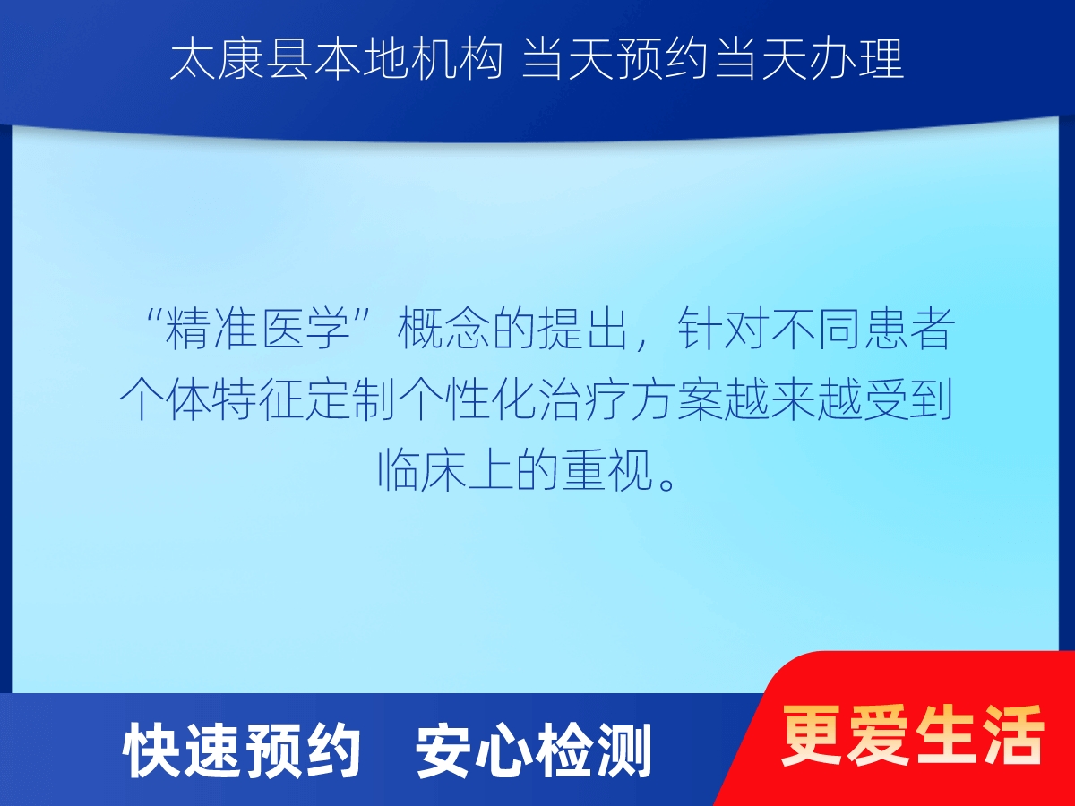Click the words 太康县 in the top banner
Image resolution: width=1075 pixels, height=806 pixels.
[240, 60]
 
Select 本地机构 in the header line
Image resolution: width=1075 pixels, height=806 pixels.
[408, 60]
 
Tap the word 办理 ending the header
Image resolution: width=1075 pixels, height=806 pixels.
[856, 60]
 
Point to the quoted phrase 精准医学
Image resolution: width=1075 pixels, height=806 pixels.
[258, 329]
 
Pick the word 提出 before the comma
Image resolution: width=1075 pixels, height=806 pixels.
[584, 329]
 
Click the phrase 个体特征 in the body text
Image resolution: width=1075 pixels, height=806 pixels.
[211, 399]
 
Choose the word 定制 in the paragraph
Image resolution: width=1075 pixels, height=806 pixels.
[351, 399]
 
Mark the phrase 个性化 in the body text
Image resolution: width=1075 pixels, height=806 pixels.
[468, 399]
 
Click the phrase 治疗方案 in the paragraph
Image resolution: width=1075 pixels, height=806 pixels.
[631, 399]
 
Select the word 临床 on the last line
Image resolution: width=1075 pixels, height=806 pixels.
[422, 469]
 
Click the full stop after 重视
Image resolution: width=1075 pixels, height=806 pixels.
[667, 484]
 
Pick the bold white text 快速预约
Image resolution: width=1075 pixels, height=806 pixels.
[242, 750]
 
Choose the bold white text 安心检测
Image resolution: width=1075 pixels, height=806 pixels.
[534, 750]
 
